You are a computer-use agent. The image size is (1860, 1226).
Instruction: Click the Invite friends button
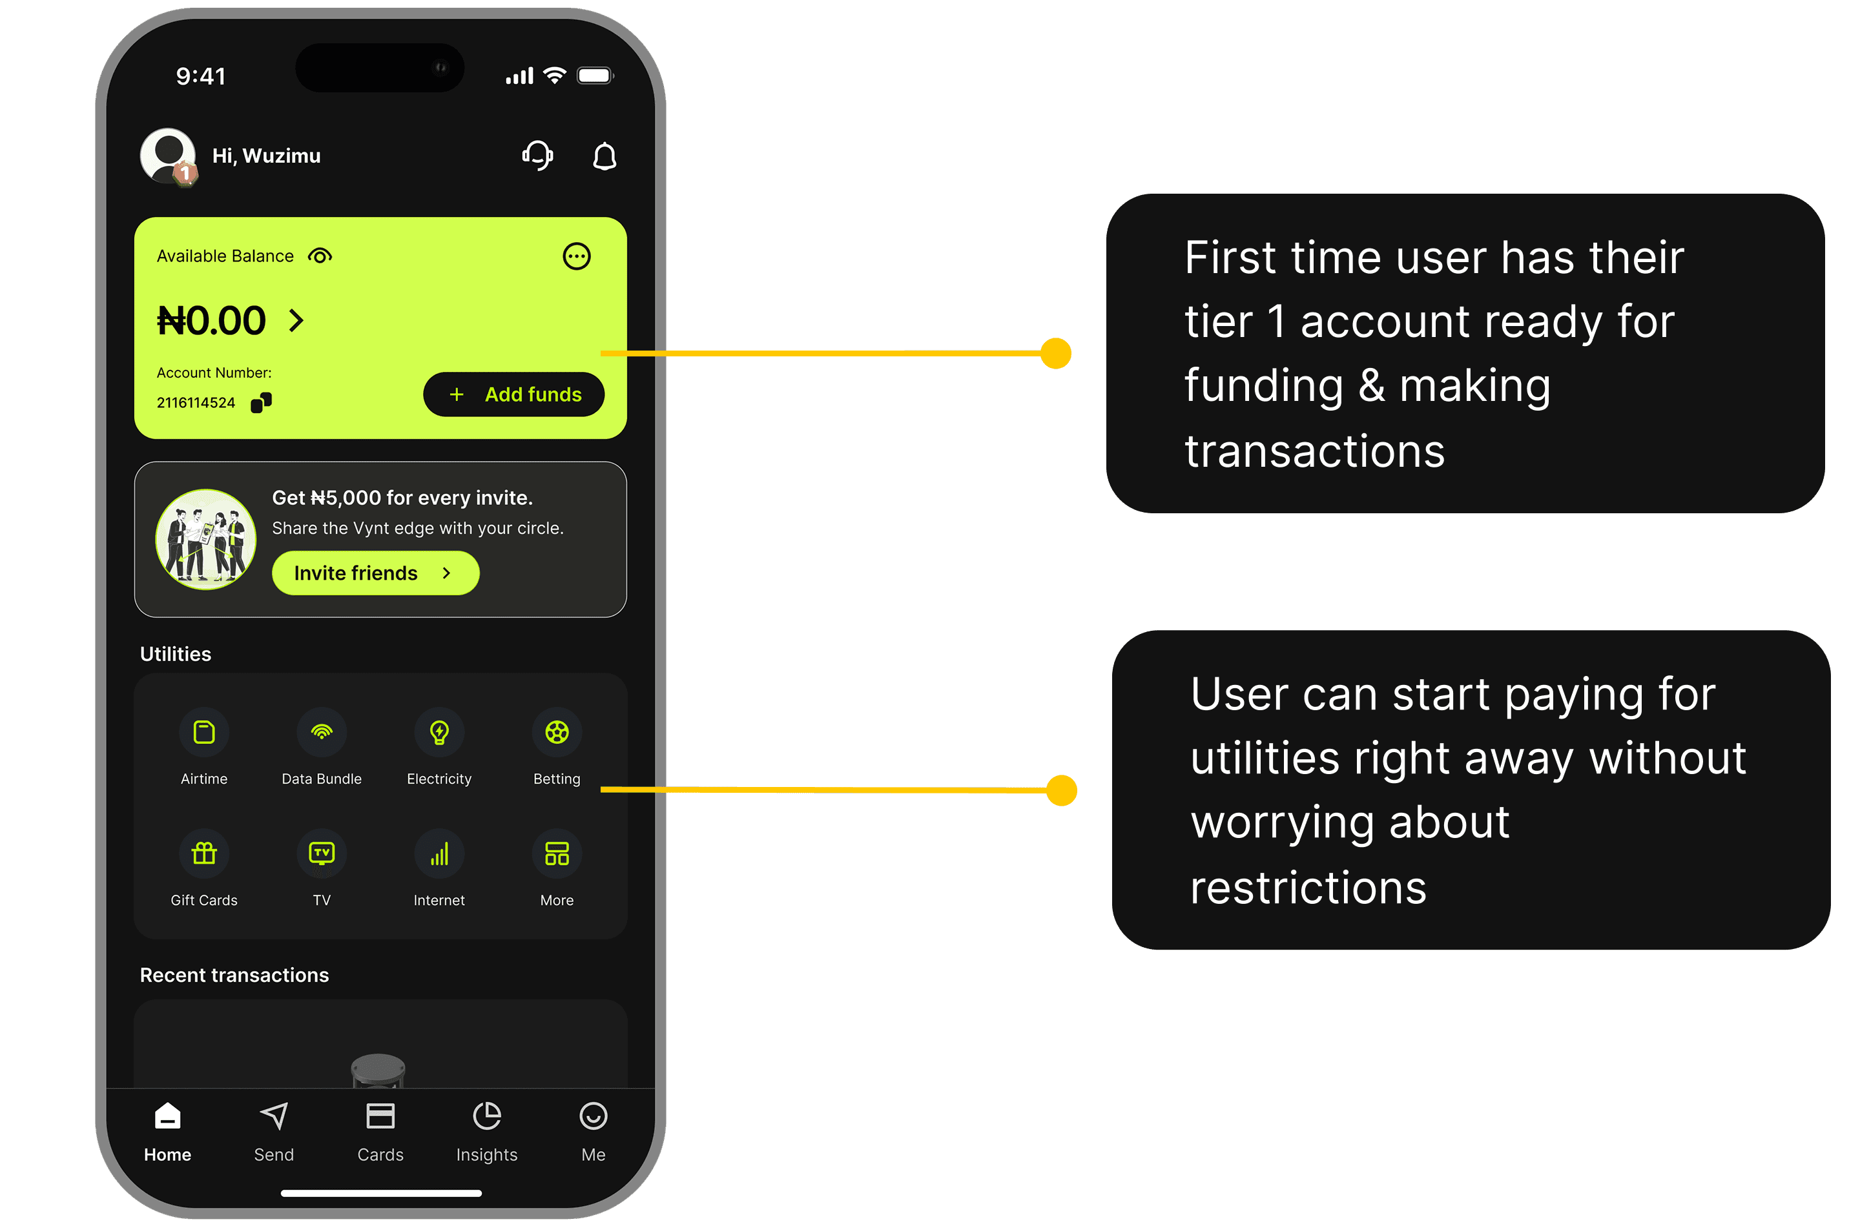pos(375,573)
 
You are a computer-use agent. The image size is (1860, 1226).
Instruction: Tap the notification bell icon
pos(604,156)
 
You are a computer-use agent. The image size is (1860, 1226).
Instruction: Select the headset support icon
pos(537,156)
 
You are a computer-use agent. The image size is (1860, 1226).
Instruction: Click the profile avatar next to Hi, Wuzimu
pos(168,156)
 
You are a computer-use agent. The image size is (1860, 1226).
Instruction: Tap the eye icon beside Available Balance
pos(320,256)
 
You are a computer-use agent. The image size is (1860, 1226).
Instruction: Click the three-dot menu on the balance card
pos(577,256)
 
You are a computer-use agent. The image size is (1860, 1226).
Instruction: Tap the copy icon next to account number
pos(262,402)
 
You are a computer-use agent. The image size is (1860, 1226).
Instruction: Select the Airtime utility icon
pos(204,733)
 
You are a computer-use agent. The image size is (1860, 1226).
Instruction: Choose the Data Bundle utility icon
pos(322,733)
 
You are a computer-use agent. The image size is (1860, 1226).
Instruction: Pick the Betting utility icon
pos(557,733)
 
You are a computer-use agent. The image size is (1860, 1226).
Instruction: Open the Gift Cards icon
pos(204,853)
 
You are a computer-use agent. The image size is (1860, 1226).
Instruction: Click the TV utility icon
pos(322,853)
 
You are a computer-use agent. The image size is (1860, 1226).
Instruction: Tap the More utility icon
pos(557,853)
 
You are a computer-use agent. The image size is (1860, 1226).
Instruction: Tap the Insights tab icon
pos(486,1116)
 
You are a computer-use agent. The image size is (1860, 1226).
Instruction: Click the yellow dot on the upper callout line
pos(1055,353)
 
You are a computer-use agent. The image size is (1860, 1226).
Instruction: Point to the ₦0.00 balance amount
pos(211,321)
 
